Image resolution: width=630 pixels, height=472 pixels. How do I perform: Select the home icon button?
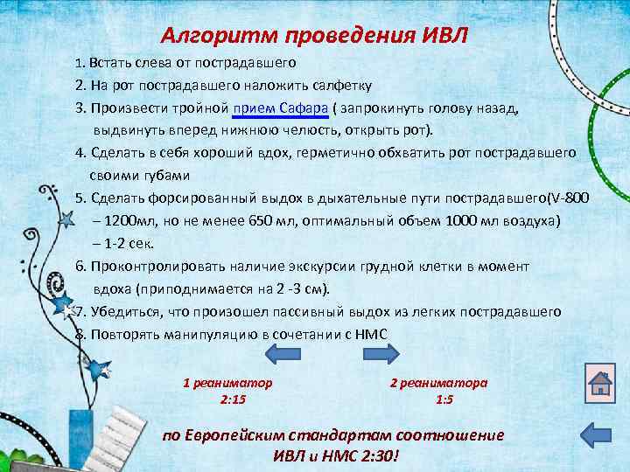tap(600, 382)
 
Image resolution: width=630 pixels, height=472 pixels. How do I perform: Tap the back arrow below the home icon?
tap(600, 434)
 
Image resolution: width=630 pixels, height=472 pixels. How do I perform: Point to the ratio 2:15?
tap(233, 399)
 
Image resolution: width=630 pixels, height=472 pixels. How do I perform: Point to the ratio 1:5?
tap(444, 399)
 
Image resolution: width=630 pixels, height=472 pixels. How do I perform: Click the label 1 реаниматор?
tap(227, 383)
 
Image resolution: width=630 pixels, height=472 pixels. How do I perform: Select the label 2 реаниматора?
tap(438, 383)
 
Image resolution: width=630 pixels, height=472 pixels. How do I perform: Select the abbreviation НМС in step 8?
tap(370, 334)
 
